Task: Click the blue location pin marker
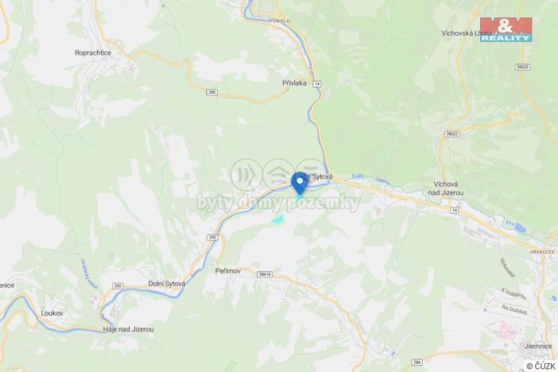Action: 300,181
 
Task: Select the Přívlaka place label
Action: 294,82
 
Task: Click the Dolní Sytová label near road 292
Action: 167,283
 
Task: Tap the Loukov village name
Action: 52,313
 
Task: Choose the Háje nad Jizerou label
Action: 127,329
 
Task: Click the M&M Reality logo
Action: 506,29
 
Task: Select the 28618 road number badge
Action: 265,274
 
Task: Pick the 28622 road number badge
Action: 452,134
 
